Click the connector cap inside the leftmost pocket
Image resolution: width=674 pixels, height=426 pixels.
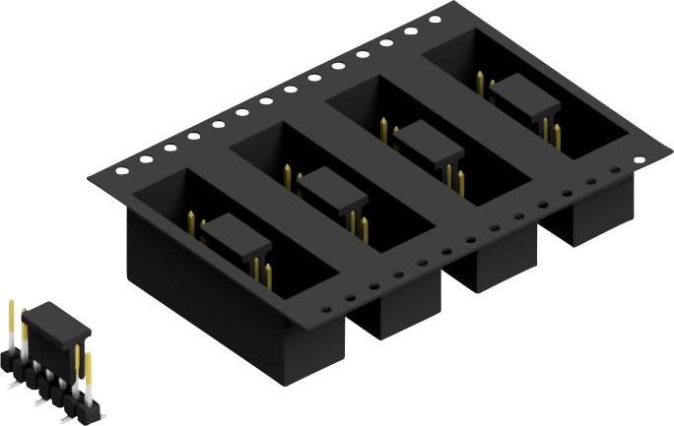click(x=236, y=234)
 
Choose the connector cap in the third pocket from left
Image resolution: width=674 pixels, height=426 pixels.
click(x=431, y=142)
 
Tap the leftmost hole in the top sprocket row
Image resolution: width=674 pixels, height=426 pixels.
click(x=121, y=169)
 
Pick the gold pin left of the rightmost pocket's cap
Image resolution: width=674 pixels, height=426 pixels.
click(x=480, y=83)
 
